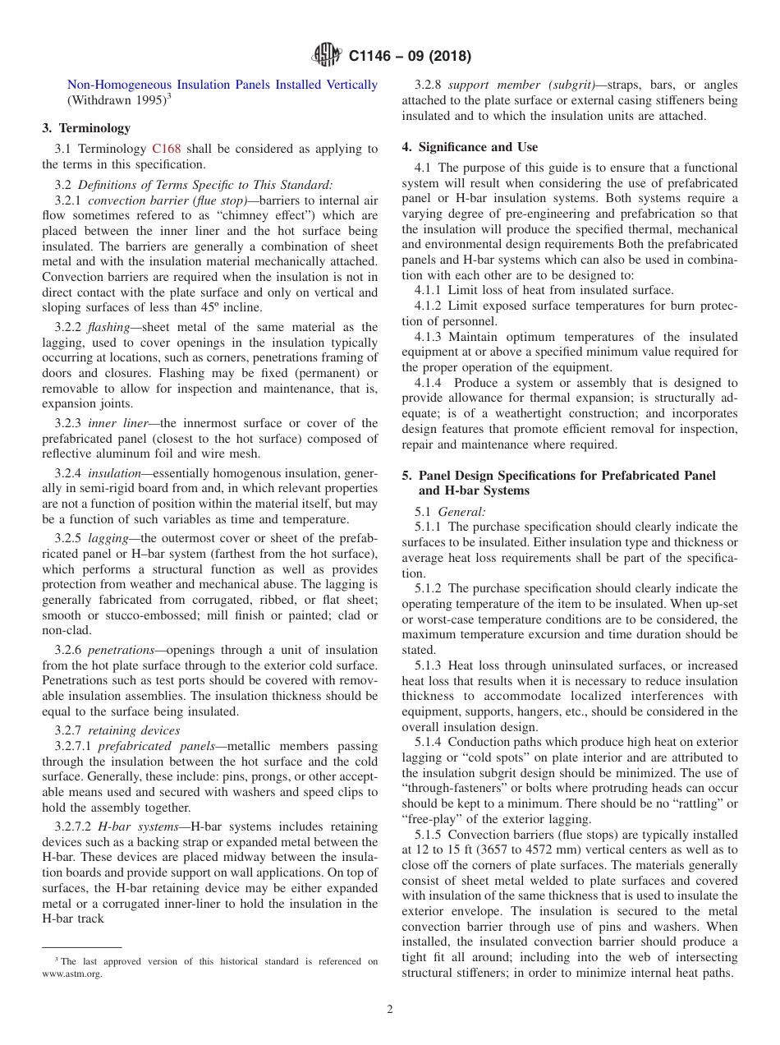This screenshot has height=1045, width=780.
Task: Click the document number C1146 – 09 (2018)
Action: pyautogui.click(x=410, y=57)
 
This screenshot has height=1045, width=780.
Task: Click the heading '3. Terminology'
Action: pyautogui.click(x=86, y=128)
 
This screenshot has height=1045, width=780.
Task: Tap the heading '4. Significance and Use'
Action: pyautogui.click(x=470, y=147)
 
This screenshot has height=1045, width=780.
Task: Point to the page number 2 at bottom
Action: pyautogui.click(x=390, y=1010)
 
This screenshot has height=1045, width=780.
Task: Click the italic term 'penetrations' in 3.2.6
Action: pyautogui.click(x=121, y=650)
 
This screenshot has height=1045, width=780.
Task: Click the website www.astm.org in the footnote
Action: pyautogui.click(x=72, y=975)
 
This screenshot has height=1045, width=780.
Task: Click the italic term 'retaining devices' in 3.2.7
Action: pyautogui.click(x=134, y=730)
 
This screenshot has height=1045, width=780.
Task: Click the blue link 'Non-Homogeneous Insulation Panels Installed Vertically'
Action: pyautogui.click(x=222, y=85)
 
